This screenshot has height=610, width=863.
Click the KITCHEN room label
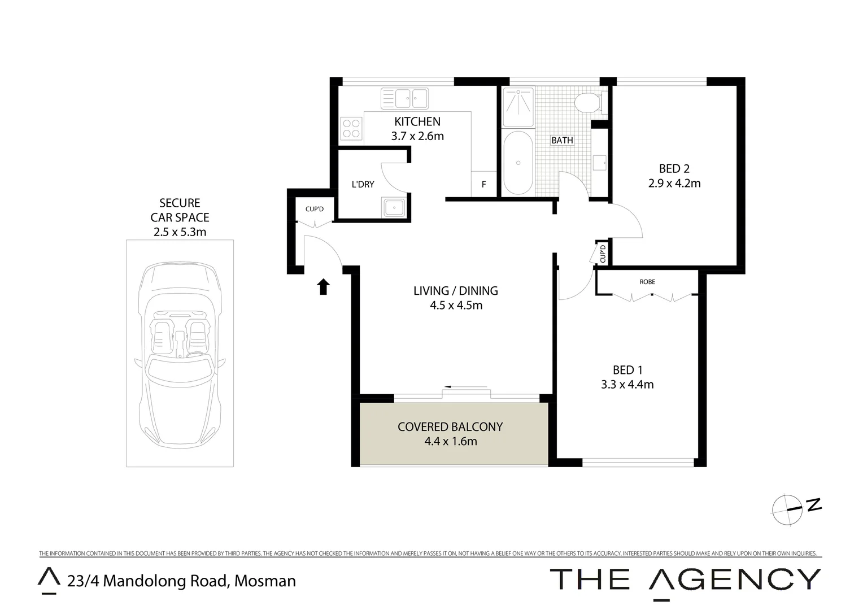pos(417,121)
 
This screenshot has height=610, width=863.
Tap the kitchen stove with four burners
pos(351,128)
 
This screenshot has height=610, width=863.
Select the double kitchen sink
pos(404,98)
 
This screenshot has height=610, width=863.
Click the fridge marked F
pos(484,184)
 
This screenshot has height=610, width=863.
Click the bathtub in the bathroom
pos(517,163)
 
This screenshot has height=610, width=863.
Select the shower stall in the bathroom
pos(517,106)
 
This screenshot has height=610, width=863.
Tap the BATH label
pos(562,140)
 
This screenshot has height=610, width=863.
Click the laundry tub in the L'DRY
pos(393,207)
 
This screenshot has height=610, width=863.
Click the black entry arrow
pos(323,287)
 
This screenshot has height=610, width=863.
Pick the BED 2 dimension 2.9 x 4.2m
pos(674,183)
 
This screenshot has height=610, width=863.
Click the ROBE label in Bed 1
pos(647,281)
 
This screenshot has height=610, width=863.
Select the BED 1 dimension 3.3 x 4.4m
pos(627,385)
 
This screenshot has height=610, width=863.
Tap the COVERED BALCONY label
pos(450,427)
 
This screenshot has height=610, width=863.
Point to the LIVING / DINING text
pos(456,291)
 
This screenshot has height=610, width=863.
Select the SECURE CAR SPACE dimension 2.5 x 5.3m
pos(180,232)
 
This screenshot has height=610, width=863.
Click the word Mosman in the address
pos(265,581)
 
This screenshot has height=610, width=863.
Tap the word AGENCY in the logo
pos(734,579)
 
